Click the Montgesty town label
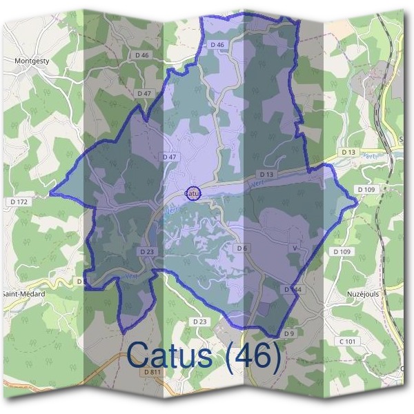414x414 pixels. click(x=31, y=61)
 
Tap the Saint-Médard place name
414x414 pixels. click(x=24, y=293)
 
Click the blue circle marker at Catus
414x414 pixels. click(x=194, y=193)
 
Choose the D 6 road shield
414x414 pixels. click(x=242, y=248)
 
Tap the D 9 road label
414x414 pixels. click(x=289, y=334)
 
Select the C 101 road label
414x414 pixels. click(x=346, y=342)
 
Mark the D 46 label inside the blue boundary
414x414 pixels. click(x=217, y=45)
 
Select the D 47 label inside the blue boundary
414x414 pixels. click(x=170, y=157)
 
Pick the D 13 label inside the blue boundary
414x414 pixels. click(x=267, y=175)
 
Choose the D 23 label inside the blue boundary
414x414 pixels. click(x=148, y=252)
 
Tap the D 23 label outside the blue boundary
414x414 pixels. click(x=199, y=322)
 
